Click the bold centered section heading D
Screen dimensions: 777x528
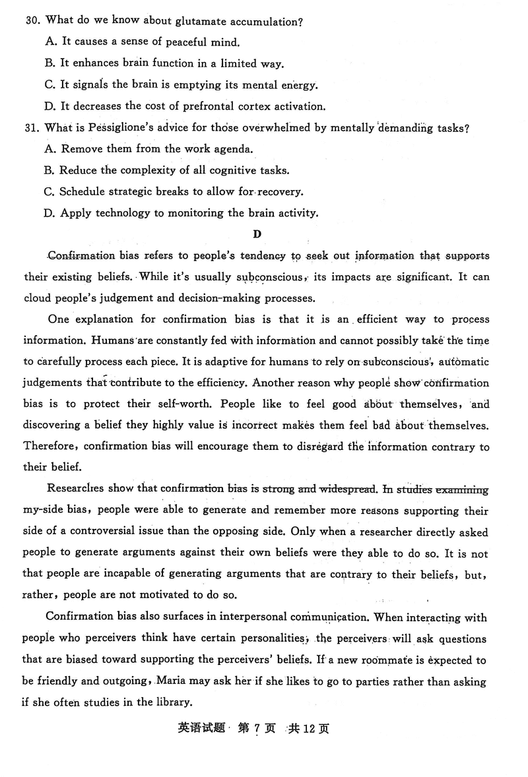pos(257,234)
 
